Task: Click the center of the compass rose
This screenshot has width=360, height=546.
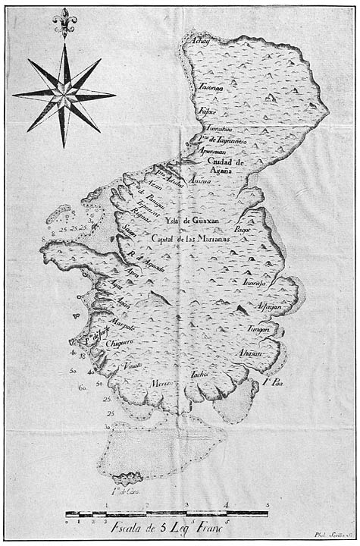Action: pos(64,94)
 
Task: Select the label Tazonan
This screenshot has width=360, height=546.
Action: pos(211,89)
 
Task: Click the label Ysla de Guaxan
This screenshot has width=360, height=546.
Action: pos(189,220)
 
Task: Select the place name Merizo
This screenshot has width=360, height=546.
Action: pos(161,384)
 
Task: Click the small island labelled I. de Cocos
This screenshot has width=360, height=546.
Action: pos(122,479)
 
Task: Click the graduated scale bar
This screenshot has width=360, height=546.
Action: pos(167,514)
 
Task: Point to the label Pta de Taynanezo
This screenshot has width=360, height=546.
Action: pos(224,141)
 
